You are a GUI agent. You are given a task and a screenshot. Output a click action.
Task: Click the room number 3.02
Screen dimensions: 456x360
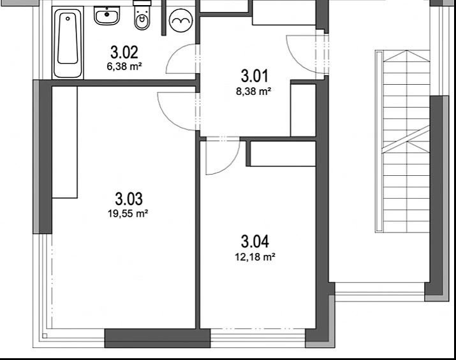pyautogui.click(x=124, y=53)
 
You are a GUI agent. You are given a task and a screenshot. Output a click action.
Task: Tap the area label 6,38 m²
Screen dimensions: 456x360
pyautogui.click(x=124, y=66)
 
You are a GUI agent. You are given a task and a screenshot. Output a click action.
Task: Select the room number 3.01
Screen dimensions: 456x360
pyautogui.click(x=254, y=76)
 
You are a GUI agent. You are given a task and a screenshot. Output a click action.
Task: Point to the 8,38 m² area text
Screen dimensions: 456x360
pyautogui.click(x=254, y=92)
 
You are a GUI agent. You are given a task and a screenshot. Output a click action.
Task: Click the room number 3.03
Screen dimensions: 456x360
pyautogui.click(x=129, y=199)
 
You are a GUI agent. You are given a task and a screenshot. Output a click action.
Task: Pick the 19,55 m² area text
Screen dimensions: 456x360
pyautogui.click(x=128, y=214)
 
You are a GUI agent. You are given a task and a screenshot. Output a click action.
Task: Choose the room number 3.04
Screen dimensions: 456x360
pyautogui.click(x=254, y=241)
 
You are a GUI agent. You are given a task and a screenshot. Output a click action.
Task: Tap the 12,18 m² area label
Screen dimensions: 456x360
pyautogui.click(x=255, y=257)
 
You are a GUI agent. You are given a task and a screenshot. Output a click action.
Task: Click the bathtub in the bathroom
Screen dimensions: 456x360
pyautogui.click(x=68, y=43)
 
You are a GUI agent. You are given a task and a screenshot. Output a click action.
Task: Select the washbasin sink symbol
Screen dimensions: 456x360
pyautogui.click(x=107, y=16)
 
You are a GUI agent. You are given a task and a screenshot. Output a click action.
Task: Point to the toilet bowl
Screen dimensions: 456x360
pyautogui.click(x=142, y=18)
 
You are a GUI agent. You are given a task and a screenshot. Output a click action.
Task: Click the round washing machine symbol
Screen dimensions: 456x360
pyautogui.click(x=181, y=20)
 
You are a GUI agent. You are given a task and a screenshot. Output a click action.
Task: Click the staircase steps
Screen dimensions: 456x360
pyautogui.click(x=406, y=141)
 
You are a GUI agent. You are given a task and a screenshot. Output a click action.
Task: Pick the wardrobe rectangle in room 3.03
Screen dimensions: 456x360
pyautogui.click(x=64, y=142)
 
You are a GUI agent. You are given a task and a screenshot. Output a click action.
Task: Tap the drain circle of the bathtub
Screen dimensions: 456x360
pyautogui.click(x=68, y=18)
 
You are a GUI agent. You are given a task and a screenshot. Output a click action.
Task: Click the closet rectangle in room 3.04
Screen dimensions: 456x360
pyautogui.click(x=283, y=154)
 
